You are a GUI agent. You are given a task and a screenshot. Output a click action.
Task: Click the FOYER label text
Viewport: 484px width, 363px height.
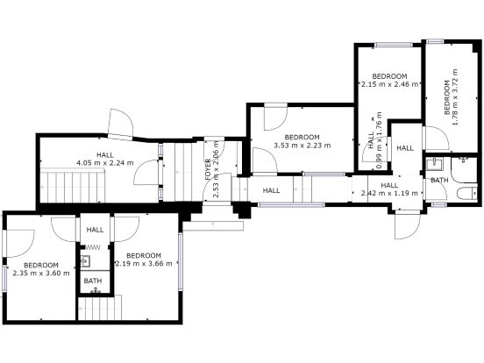208,169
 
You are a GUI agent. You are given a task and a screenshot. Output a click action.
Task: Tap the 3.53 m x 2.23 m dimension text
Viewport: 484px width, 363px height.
302,145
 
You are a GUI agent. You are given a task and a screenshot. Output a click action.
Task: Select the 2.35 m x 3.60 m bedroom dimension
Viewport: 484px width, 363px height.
41,273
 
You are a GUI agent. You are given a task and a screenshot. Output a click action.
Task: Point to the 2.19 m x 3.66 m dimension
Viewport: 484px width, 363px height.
144,263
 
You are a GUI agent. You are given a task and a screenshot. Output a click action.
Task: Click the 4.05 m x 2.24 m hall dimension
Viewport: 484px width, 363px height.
105,163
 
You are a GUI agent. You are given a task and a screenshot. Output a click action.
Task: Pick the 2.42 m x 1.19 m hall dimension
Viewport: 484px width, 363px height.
389,193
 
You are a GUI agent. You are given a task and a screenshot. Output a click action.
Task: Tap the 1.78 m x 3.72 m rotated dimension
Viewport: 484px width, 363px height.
455,96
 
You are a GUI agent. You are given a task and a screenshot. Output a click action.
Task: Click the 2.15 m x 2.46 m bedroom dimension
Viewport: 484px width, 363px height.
390,84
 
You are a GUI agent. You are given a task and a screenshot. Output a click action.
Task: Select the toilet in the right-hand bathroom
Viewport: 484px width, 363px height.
467,193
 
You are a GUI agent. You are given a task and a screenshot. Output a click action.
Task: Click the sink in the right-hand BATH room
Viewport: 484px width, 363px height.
434,164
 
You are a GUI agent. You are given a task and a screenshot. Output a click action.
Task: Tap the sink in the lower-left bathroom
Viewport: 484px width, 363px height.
86,261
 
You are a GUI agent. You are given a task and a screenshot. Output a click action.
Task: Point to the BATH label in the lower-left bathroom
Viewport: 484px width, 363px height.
93,281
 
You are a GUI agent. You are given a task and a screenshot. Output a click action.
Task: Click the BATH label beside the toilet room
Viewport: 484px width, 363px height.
439,180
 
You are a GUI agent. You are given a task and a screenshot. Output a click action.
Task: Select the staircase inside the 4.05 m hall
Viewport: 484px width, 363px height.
73,186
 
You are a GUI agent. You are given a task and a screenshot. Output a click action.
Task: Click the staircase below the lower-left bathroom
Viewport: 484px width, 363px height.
99,308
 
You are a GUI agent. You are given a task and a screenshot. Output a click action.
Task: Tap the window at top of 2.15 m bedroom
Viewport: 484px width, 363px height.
394,45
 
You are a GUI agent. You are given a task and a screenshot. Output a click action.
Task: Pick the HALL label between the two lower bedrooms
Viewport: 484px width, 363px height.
95,230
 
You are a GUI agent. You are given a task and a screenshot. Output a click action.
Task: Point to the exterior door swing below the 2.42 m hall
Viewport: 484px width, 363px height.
408,225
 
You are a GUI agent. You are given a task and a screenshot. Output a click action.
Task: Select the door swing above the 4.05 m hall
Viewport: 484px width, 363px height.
120,124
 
